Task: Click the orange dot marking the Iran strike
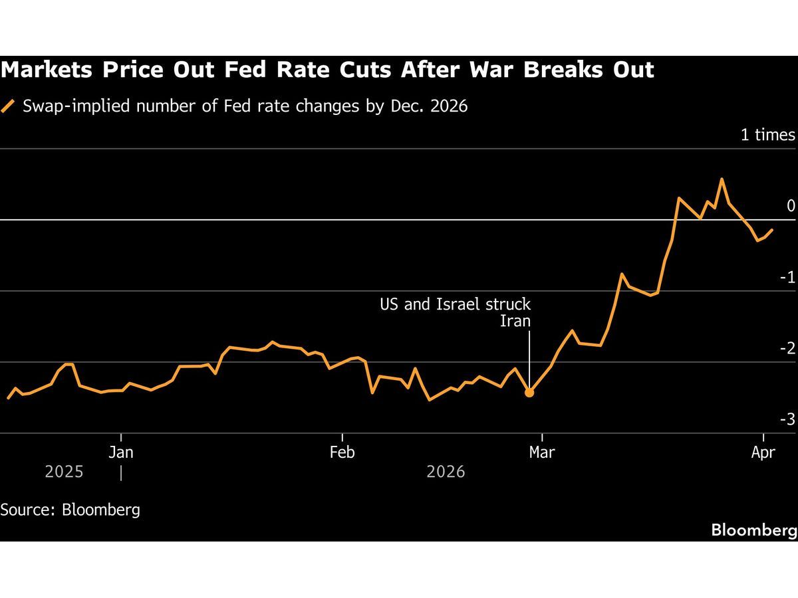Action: point(529,393)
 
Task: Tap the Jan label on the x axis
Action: point(121,452)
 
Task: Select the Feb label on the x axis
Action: point(342,452)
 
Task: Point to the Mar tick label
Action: point(543,452)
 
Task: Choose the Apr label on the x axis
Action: point(763,452)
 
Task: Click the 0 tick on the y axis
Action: point(791,206)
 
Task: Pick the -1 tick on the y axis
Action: point(787,277)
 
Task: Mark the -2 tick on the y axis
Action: point(787,348)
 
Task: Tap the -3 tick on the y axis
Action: point(787,419)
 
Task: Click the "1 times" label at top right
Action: point(768,135)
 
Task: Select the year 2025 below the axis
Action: point(65,472)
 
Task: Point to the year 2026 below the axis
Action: point(446,472)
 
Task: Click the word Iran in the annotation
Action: point(515,322)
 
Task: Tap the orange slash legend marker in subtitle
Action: point(8,107)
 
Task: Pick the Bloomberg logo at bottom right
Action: point(754,530)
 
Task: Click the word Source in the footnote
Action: point(26,510)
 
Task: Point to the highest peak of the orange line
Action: point(722,179)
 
